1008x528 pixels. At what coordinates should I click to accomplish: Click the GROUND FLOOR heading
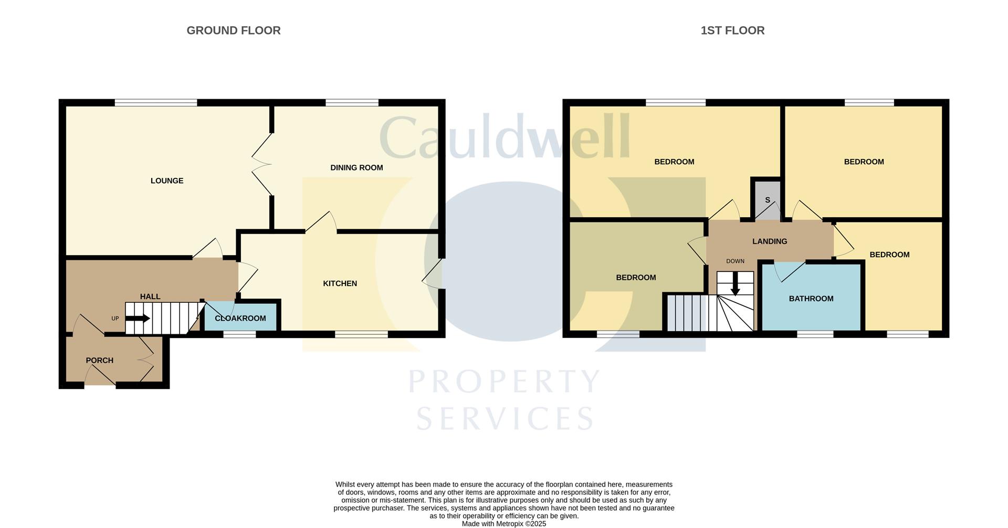tap(234, 30)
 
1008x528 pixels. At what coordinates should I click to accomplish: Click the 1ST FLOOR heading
tap(732, 30)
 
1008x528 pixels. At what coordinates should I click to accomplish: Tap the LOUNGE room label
tap(167, 181)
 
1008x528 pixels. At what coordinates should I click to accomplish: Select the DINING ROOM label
tap(356, 168)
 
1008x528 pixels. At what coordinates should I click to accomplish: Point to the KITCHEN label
tap(340, 283)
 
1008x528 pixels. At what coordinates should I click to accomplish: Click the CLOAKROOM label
tap(240, 318)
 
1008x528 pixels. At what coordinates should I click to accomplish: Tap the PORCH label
tap(100, 361)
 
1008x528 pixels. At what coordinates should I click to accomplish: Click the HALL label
tap(150, 297)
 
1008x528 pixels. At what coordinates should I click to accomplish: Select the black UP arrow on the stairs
tap(139, 318)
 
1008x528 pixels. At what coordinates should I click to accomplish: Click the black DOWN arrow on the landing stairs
tap(736, 284)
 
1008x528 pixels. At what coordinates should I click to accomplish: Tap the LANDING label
tap(770, 241)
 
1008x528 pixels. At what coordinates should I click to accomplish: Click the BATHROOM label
tap(811, 299)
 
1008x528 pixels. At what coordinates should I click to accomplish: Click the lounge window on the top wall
tap(156, 103)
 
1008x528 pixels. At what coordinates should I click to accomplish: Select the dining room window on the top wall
tap(352, 103)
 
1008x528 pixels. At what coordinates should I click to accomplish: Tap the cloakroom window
tap(240, 334)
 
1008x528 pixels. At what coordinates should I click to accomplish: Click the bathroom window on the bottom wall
tap(815, 334)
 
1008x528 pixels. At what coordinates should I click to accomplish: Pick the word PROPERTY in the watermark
tap(505, 381)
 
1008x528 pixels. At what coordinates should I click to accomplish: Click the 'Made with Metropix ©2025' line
tap(504, 524)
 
